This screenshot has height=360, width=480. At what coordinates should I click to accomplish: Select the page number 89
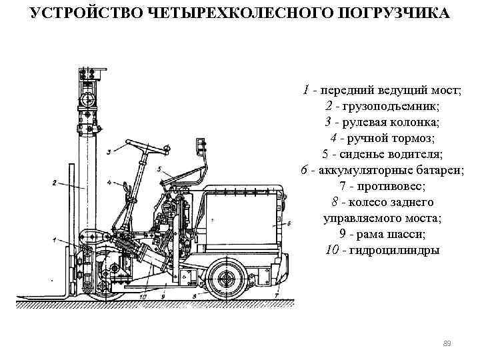[x=447, y=343]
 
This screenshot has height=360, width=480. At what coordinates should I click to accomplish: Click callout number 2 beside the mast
[x=53, y=182]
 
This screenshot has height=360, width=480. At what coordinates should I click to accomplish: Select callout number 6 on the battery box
[x=289, y=222]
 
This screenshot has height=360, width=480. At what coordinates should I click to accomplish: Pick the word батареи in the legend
[x=423, y=170]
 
